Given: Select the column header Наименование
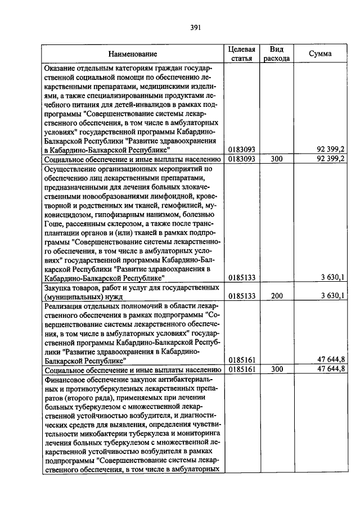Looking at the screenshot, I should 133,54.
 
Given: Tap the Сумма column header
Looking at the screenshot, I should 320,53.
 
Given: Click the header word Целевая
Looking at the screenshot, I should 242,49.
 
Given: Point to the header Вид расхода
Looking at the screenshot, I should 276,53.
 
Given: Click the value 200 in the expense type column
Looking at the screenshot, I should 276,296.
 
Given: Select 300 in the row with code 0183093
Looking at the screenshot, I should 276,159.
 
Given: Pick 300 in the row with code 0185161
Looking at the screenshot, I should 276,369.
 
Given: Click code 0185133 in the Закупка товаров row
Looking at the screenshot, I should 242,296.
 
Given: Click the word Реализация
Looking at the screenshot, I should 65,305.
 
